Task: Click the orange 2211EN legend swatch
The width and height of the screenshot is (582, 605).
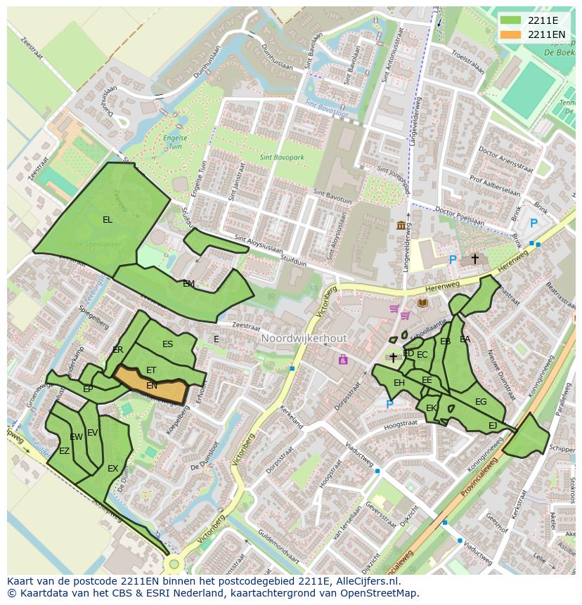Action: (x=511, y=34)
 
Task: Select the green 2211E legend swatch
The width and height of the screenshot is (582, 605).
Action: (x=511, y=20)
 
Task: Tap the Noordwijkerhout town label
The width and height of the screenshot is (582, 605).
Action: (x=304, y=338)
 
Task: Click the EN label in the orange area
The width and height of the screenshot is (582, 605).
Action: (x=152, y=386)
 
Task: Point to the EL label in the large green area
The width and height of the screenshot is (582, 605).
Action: (x=107, y=220)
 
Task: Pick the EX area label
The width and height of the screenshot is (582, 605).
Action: (x=112, y=469)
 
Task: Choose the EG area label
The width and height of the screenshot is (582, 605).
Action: (x=481, y=402)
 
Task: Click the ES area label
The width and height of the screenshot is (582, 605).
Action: (x=167, y=344)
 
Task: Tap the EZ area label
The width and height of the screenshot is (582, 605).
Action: (x=64, y=451)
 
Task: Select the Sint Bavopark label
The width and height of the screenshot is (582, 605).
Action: (x=282, y=158)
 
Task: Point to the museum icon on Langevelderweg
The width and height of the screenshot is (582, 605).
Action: (x=401, y=225)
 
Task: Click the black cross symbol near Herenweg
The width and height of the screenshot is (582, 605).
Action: (x=474, y=259)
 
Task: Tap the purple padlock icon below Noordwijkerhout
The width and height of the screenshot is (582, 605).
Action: (x=343, y=360)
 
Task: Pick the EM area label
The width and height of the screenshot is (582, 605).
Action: (x=188, y=284)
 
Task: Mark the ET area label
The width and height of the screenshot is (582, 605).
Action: (x=151, y=370)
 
